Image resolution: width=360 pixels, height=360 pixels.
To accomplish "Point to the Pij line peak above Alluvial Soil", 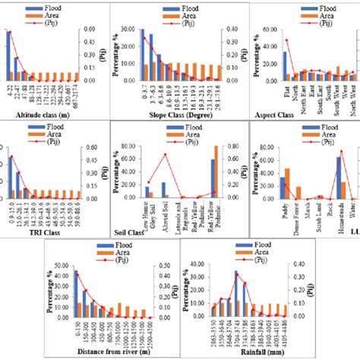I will [166, 155].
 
